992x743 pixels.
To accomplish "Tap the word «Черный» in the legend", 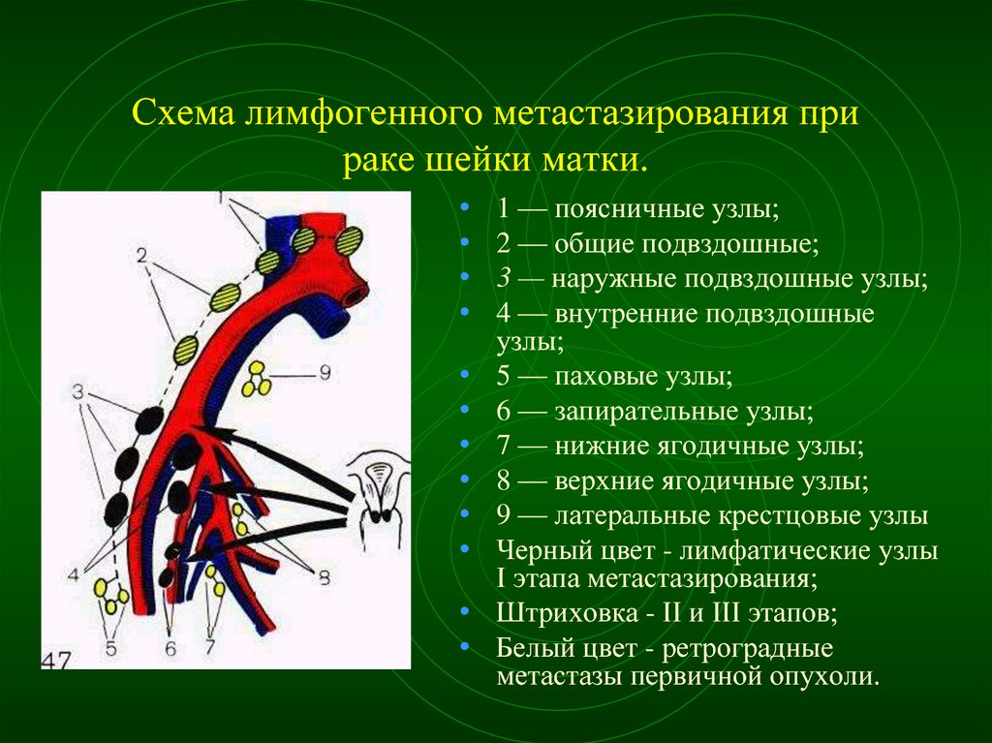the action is click(x=544, y=550).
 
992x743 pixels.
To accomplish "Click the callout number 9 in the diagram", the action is click(x=325, y=373).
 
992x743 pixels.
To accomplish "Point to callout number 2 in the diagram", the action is click(x=141, y=256).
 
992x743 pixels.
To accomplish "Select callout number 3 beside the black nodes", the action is click(x=77, y=392).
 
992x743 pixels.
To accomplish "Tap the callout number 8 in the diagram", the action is click(x=324, y=577).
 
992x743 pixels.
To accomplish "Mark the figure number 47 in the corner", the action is click(x=57, y=660).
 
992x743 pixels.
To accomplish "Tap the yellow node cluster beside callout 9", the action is click(x=256, y=379).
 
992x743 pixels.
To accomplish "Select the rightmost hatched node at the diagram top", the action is click(x=349, y=241).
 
